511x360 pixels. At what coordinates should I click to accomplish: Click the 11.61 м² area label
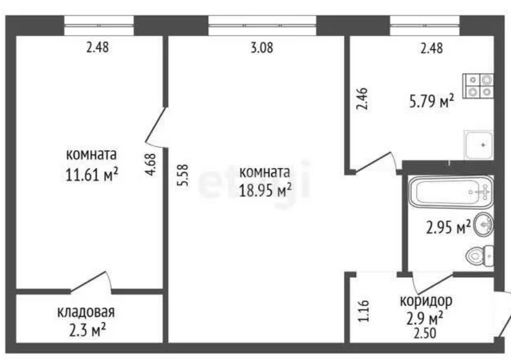[92, 175]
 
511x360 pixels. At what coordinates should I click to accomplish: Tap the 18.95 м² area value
[265, 190]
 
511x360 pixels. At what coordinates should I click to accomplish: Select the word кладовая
[86, 312]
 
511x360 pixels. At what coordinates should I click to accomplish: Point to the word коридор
[426, 301]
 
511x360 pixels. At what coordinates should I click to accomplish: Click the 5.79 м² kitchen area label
[432, 102]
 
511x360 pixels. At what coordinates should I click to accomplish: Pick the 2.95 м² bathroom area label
[449, 227]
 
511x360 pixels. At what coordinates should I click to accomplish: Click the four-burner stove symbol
[479, 87]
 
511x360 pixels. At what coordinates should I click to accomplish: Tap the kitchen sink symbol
[479, 145]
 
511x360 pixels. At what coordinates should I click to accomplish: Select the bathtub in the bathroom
[451, 192]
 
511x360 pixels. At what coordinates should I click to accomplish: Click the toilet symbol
[480, 256]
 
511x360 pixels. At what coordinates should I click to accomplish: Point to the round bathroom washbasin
[484, 224]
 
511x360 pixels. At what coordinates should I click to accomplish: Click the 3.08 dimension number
[262, 48]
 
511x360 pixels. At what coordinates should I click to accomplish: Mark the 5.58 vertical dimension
[183, 175]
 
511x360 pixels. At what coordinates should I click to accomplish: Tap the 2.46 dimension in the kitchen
[362, 98]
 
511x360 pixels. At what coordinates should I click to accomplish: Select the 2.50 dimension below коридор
[425, 334]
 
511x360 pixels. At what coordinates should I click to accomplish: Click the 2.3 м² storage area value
[88, 330]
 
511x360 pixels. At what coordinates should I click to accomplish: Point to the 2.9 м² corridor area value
[424, 318]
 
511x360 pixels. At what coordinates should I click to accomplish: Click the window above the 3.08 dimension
[262, 26]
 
